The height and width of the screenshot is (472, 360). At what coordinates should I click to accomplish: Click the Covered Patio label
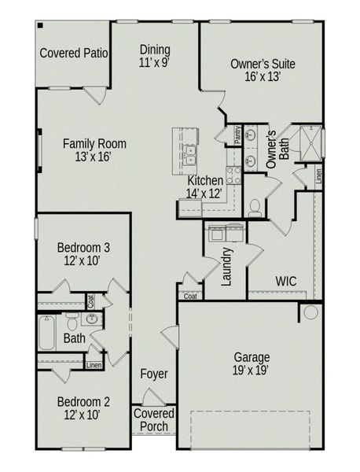pyautogui.click(x=73, y=53)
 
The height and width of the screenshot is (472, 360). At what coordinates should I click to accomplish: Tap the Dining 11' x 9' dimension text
pyautogui.click(x=154, y=61)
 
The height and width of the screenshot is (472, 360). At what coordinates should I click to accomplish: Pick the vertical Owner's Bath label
pyautogui.click(x=277, y=149)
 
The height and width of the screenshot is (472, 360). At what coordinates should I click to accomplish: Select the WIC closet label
pyautogui.click(x=285, y=281)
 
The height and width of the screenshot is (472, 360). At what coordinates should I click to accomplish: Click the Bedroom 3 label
pyautogui.click(x=83, y=248)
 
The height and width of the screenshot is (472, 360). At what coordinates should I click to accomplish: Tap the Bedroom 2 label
pyautogui.click(x=83, y=402)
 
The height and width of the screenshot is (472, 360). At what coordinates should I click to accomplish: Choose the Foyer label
pyautogui.click(x=154, y=374)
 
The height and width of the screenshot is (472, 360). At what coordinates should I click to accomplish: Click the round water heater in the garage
pyautogui.click(x=310, y=312)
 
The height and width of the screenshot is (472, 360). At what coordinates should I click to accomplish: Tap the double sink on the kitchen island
pyautogui.click(x=189, y=154)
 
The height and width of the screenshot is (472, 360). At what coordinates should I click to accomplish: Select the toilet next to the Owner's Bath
pyautogui.click(x=255, y=207)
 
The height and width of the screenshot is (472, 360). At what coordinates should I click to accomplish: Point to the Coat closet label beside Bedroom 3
pyautogui.click(x=91, y=300)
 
